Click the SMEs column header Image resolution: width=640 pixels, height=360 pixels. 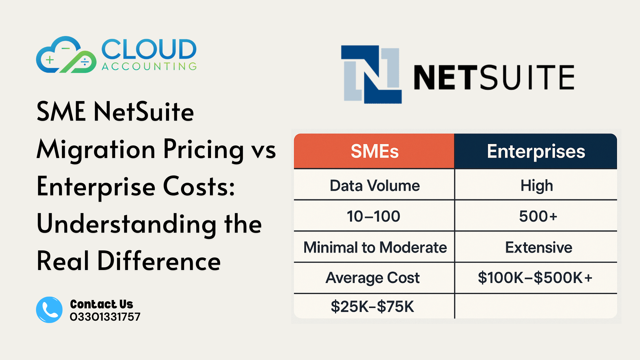374,151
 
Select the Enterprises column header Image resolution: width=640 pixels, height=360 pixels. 536,151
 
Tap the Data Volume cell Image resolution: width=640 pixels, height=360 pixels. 374,185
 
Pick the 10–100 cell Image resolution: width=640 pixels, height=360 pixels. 373,216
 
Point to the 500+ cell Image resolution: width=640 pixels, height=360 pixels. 538,216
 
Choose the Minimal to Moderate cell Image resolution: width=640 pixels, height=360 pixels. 375,247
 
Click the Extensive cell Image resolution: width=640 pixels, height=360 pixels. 538,247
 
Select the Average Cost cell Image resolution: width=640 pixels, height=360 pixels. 372,278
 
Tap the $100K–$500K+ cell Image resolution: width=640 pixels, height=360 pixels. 535,278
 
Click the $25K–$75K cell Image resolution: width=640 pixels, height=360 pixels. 372,306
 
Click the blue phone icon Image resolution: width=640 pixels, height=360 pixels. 49,310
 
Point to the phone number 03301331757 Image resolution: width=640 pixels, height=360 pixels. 105,317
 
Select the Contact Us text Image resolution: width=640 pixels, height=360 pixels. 101,304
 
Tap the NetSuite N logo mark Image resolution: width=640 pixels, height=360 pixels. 372,74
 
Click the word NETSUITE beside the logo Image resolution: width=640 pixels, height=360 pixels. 494,78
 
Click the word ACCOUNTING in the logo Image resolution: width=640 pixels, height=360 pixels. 149,66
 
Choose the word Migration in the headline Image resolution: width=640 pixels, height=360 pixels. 96,149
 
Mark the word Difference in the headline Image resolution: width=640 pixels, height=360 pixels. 159,261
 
